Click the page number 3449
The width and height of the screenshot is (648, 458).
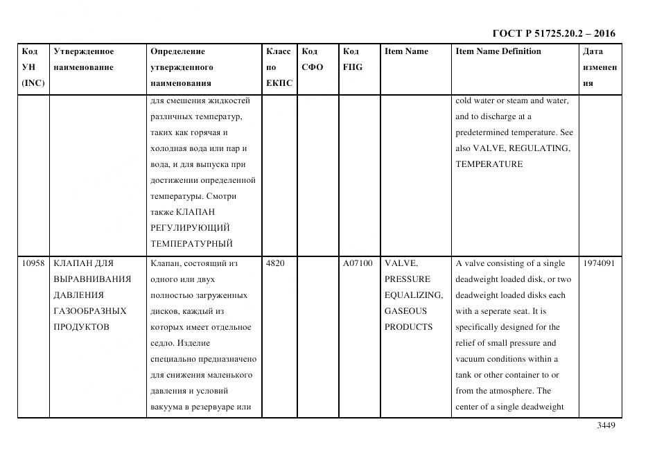tap(606, 425)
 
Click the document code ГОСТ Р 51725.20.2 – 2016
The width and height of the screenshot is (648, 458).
tap(553, 33)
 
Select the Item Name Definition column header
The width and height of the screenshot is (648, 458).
tap(498, 51)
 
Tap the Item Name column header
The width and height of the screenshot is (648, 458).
tap(406, 51)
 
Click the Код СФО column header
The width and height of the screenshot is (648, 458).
tap(312, 60)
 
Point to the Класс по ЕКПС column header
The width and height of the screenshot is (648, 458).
tap(279, 67)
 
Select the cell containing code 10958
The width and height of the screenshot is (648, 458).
tap(33, 263)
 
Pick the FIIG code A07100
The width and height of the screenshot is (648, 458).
tap(357, 263)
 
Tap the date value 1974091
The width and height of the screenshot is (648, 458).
tap(599, 263)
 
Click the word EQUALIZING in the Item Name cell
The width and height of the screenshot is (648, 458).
tap(406, 295)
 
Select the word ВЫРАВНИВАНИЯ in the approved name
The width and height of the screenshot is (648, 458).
tap(92, 279)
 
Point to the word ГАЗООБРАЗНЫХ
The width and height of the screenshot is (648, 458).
tap(90, 311)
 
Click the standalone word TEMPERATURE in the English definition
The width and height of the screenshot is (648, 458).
tap(489, 164)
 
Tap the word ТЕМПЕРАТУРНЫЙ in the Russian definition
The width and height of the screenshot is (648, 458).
tap(191, 243)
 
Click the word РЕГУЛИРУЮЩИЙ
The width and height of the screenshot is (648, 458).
tap(190, 227)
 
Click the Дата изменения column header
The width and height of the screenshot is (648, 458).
tap(599, 67)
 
